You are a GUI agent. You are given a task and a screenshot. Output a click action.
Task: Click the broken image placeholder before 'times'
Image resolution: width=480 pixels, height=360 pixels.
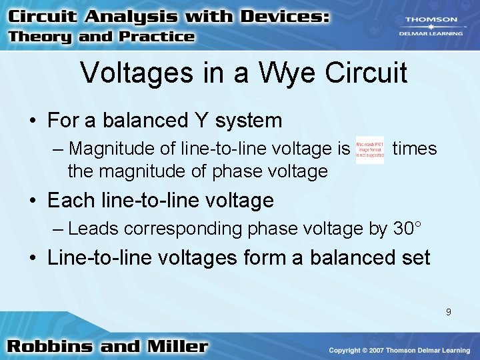coord(369,151)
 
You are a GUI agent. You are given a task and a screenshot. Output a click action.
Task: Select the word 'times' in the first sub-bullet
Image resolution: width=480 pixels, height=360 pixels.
coord(415,149)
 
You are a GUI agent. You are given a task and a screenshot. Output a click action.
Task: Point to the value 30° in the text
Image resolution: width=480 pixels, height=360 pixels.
coord(407,229)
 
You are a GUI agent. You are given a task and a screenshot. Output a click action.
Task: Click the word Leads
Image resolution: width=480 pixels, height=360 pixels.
coord(93,229)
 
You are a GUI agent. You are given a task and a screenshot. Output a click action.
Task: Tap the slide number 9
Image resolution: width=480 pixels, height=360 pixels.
coord(449,311)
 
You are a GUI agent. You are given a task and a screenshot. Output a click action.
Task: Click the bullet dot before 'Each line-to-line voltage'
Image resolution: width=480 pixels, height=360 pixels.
coord(33,201)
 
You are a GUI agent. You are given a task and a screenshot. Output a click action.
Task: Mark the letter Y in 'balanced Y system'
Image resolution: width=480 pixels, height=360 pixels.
coord(199,121)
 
